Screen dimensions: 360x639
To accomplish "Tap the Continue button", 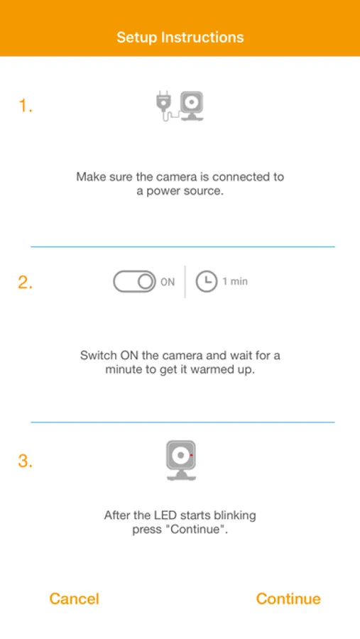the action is [288, 599].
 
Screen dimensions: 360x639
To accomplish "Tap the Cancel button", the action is [75, 599].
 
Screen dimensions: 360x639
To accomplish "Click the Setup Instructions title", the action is [180, 38].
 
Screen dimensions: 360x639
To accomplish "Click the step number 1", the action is [26, 106].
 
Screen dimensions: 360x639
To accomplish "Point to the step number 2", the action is [26, 283].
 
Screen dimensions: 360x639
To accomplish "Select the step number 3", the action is [26, 461].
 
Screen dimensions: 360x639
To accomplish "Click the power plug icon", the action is [163, 105].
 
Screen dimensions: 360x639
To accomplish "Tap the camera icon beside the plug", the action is [192, 106].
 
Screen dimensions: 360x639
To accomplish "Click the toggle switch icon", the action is [134, 282].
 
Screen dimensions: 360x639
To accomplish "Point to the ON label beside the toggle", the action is [168, 282].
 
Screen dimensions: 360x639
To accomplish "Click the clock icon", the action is [207, 282].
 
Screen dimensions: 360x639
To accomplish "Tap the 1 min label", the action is [235, 282].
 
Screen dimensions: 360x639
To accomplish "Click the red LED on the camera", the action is [191, 454].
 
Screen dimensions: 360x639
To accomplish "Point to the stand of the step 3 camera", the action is [181, 475].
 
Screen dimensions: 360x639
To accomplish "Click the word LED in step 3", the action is [167, 515].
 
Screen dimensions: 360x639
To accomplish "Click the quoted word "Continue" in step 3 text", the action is [198, 530].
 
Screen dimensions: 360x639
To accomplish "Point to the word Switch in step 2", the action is [98, 355].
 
